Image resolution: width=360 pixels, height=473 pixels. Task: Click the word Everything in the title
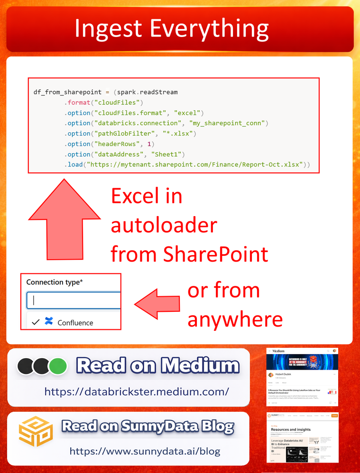tap(210, 29)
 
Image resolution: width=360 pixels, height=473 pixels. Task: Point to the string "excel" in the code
tap(188, 113)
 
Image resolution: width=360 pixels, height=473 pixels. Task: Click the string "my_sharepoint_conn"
tap(228, 123)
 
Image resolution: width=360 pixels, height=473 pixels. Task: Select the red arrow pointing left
tap(157, 304)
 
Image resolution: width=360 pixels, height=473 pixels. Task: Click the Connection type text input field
tap(74, 300)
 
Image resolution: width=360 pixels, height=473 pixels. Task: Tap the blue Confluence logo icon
tap(48, 322)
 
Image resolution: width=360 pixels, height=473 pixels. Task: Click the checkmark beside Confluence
tap(35, 322)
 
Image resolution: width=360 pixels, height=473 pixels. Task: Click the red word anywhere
tap(235, 319)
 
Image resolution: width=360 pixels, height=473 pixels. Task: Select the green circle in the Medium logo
tap(57, 366)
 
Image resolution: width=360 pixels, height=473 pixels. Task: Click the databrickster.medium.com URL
tap(137, 392)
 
